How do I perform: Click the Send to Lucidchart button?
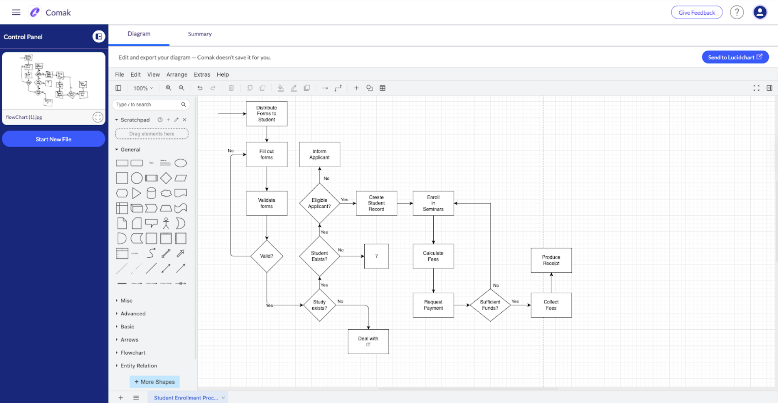[735, 57]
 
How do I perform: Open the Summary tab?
[199, 34]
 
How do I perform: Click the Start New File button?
[54, 139]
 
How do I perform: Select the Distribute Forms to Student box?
[266, 114]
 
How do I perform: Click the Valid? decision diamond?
[266, 256]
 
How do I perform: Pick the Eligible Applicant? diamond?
[319, 203]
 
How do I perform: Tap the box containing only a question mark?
[376, 256]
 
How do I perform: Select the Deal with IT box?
[368, 342]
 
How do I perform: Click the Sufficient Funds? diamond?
[490, 305]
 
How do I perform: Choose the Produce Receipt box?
[551, 260]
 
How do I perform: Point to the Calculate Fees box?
[433, 256]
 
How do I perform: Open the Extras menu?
[202, 75]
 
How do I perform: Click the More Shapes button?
[154, 382]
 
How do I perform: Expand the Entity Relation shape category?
[138, 366]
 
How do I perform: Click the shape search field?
[147, 105]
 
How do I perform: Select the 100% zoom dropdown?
[143, 88]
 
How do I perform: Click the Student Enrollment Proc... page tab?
[186, 398]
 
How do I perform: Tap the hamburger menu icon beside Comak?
[16, 12]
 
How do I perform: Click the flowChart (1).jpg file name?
[24, 117]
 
